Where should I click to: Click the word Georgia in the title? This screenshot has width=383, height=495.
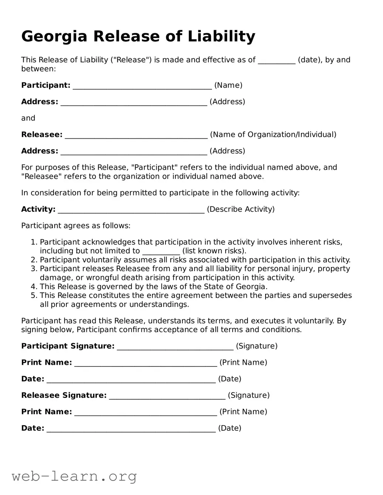pos(55,37)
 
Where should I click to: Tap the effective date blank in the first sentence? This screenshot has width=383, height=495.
pos(276,60)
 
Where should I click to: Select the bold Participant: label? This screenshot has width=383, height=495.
pos(45,86)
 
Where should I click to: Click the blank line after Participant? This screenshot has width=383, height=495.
pos(142,86)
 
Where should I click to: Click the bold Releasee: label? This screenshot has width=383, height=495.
pos(42,135)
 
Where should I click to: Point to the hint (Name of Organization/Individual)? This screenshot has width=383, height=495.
pos(273,135)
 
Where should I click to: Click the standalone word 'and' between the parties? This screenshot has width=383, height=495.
pos(28,118)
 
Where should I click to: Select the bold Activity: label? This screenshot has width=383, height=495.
pos(38,210)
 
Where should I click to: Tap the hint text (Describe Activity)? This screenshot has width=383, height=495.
pos(240,210)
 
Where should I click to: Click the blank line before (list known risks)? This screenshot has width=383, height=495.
pos(161,252)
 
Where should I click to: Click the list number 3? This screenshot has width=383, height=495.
pos(34,269)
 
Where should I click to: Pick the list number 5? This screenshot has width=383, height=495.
pos(34,295)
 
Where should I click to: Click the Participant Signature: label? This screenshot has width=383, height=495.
pos(68,346)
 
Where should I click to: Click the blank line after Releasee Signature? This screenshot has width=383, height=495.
pos(167,396)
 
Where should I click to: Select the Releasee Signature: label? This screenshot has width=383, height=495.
pos(64,395)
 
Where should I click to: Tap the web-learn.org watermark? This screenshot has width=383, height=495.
pos(74,476)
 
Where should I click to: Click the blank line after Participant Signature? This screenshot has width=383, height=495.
pos(175,347)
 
